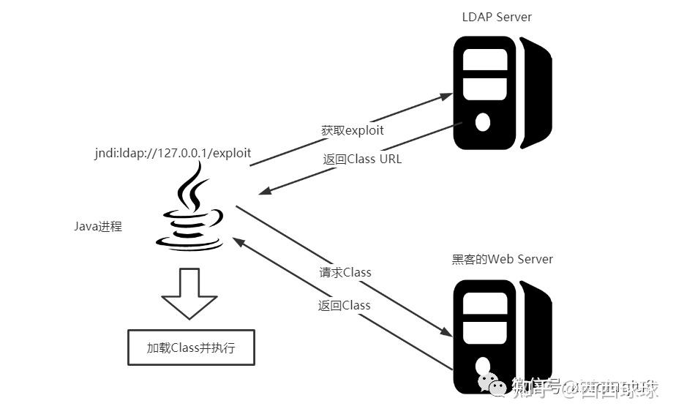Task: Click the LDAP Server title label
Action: point(497,16)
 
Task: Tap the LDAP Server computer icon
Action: point(497,92)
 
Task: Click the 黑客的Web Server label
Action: point(503,259)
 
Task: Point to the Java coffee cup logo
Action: point(192,212)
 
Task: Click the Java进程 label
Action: point(98,227)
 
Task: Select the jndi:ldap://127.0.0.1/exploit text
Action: point(172,154)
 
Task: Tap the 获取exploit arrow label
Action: point(353,130)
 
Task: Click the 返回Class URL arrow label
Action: point(362,159)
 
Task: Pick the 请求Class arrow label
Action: point(345,272)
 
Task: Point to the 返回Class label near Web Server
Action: point(345,305)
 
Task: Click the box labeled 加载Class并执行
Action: point(191,348)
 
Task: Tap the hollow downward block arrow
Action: point(189,293)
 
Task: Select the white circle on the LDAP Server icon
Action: point(482,121)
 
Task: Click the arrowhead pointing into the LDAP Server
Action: point(445,96)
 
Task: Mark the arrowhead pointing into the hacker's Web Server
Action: point(445,331)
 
